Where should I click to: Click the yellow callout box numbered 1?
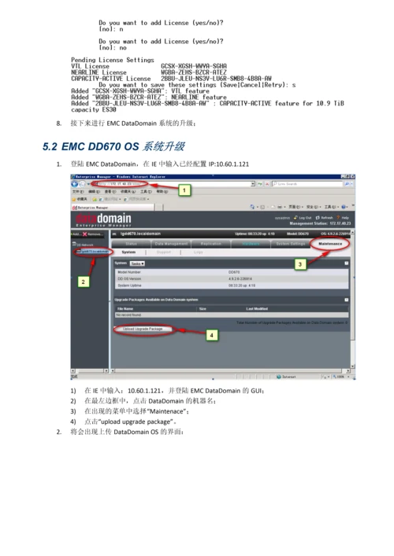coord(184,190)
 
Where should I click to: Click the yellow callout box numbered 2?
coord(83,281)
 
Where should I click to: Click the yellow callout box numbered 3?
coord(299,265)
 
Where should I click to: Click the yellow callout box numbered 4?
coord(210,335)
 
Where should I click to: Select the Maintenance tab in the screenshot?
coord(331,244)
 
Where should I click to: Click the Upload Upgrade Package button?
coord(143,329)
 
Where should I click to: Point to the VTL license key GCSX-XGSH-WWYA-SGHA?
coord(194,66)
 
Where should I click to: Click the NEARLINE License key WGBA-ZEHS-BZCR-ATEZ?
coord(194,72)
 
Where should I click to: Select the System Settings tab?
coord(291,244)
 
